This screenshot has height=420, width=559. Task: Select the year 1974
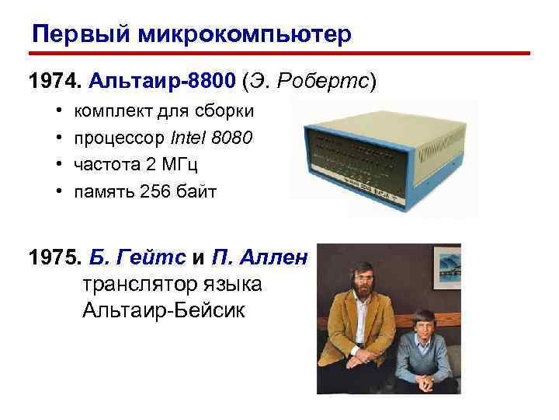click(54, 80)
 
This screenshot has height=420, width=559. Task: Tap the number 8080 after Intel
click(235, 138)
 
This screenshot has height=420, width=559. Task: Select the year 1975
click(54, 257)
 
